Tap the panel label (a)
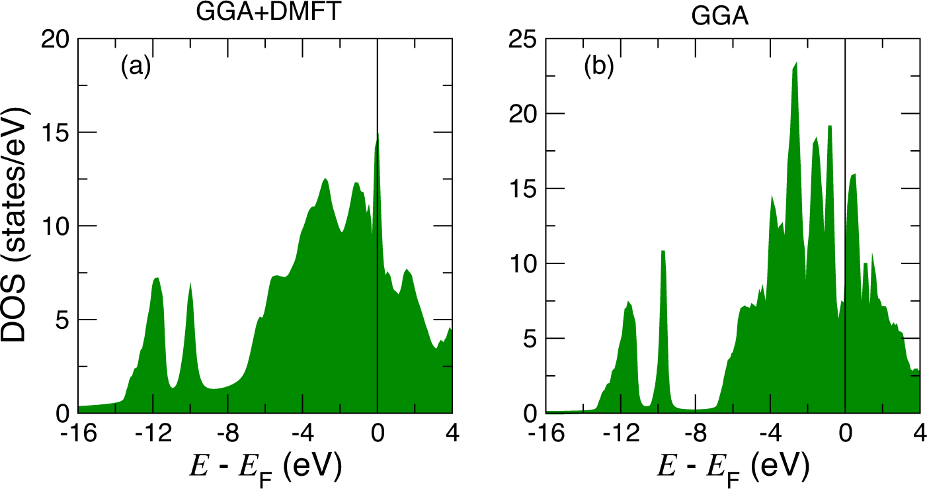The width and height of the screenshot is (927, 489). (x=136, y=66)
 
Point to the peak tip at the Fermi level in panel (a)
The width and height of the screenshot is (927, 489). (x=378, y=134)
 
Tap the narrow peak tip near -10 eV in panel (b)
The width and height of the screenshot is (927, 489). (x=663, y=251)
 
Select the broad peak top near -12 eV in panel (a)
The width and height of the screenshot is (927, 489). (x=157, y=278)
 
